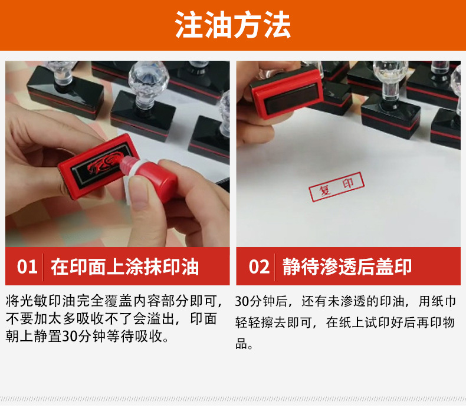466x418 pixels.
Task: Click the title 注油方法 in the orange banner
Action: click(x=232, y=25)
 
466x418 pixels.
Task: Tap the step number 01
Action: click(x=27, y=267)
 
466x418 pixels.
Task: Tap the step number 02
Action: click(x=259, y=267)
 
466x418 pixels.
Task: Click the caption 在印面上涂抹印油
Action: click(x=124, y=267)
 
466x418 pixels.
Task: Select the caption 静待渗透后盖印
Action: click(x=347, y=267)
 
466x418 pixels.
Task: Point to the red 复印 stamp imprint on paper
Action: click(x=336, y=187)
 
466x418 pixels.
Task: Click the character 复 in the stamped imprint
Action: click(x=325, y=190)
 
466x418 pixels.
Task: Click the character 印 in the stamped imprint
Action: click(x=348, y=183)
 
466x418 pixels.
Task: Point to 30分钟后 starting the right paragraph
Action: click(x=261, y=301)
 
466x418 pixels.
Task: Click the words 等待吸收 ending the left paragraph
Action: click(x=134, y=336)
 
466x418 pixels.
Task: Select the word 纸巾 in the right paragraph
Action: click(x=444, y=301)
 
